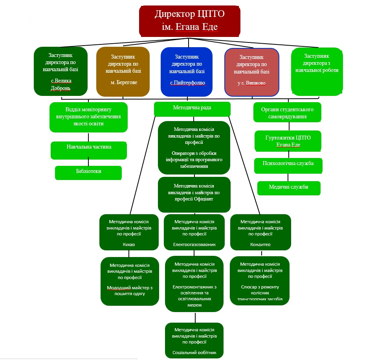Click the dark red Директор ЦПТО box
[189, 20]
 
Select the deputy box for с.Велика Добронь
[60, 71]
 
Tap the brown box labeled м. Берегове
[123, 72]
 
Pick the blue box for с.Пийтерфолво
[187, 72]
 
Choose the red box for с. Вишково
[251, 72]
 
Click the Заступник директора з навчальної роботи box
[315, 72]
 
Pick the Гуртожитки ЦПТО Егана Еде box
[288, 141]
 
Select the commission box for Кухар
[129, 232]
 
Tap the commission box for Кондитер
[260, 232]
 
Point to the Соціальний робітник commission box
[194, 340]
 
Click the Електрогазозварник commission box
[194, 232]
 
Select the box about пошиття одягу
[130, 281]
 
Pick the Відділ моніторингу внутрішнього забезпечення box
[89, 117]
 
